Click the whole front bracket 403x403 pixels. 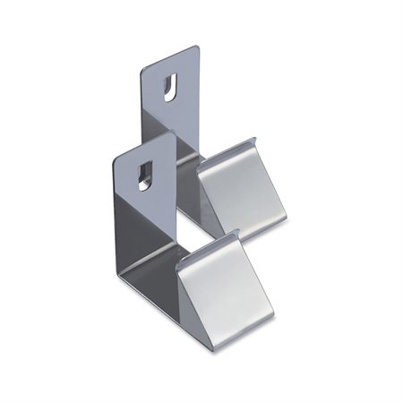[179, 260]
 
